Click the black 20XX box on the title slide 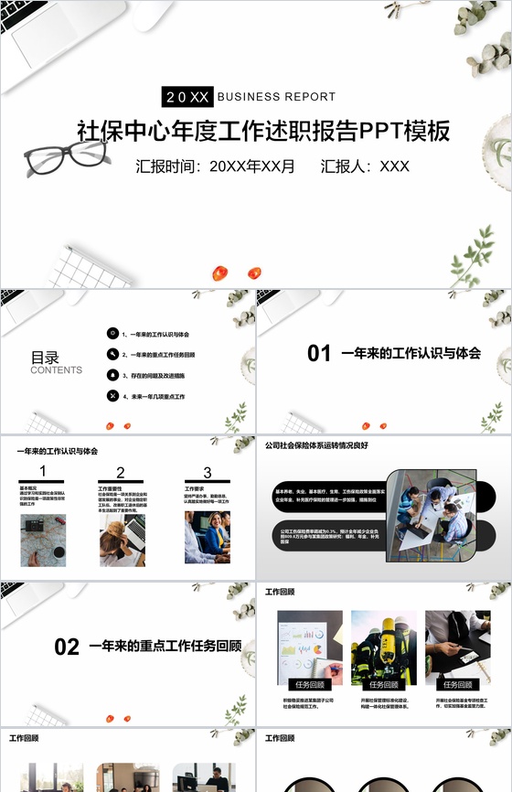tap(187, 96)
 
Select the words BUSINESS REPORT tap(277, 96)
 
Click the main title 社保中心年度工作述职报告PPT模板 tap(263, 131)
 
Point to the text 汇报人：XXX tap(365, 166)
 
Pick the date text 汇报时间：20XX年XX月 tap(216, 166)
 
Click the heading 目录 tap(45, 358)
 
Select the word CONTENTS tap(56, 370)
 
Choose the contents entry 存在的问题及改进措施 tap(157, 375)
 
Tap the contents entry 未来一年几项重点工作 tap(157, 396)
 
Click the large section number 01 tap(319, 353)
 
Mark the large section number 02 tap(67, 647)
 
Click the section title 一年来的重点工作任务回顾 tap(165, 647)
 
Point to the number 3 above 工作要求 tap(208, 473)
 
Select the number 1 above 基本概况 tap(43, 472)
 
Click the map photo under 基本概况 tap(43, 540)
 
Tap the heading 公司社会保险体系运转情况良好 tap(315, 445)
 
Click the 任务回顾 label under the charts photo tap(310, 684)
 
